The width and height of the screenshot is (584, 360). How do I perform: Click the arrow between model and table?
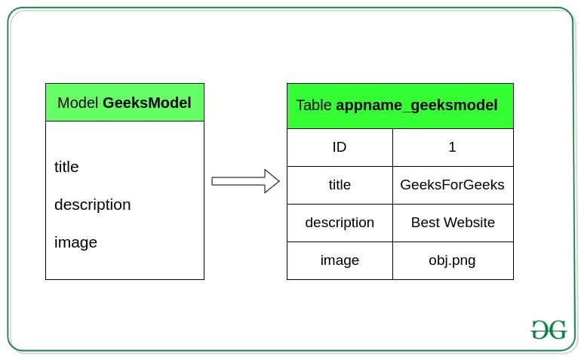tap(244, 181)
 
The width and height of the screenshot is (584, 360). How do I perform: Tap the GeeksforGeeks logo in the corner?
tap(549, 330)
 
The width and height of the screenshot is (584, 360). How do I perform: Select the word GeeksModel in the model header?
tap(146, 103)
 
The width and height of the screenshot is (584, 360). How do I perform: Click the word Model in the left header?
tap(78, 103)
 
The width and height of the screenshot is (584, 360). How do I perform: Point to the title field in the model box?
tap(66, 167)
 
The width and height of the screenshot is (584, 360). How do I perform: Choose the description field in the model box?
tap(92, 205)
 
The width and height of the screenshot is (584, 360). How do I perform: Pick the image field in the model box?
tap(75, 242)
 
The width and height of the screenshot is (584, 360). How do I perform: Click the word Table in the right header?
tap(314, 106)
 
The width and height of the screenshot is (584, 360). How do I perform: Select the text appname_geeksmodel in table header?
tap(416, 106)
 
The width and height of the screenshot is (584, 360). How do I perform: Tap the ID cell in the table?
tap(340, 147)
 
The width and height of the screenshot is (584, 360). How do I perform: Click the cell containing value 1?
tap(453, 147)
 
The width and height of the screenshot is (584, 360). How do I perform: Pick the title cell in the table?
tap(340, 185)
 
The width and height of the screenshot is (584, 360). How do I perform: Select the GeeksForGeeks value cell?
tap(453, 185)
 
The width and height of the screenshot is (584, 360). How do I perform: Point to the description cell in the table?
tap(340, 223)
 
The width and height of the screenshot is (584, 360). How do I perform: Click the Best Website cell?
tap(453, 223)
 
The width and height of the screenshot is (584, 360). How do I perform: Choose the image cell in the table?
tap(340, 260)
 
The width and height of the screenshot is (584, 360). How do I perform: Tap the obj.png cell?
tap(453, 260)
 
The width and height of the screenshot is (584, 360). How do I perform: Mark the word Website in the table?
tap(469, 223)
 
